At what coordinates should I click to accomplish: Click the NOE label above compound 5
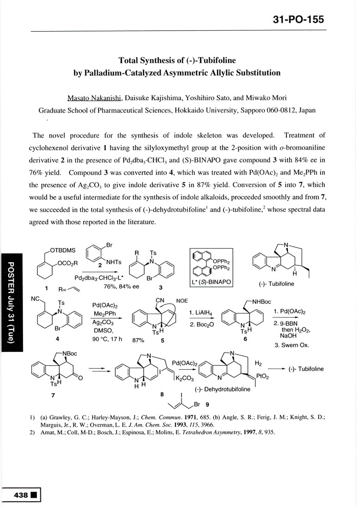[x=183, y=300]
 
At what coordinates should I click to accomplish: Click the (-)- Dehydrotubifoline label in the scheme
[x=221, y=390]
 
